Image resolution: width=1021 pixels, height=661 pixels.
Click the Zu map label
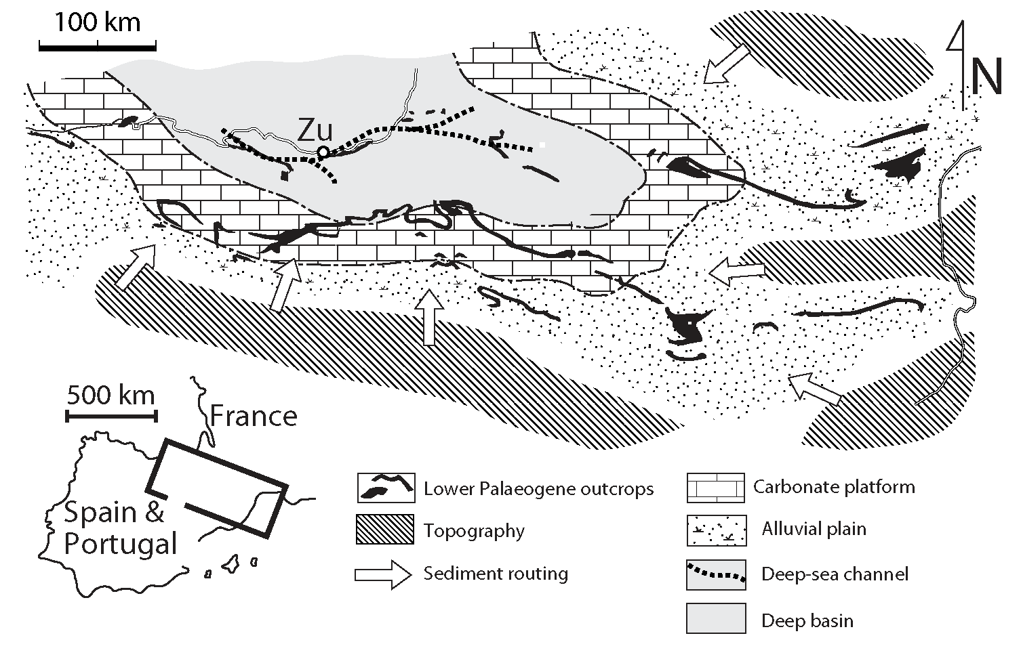[x=315, y=129]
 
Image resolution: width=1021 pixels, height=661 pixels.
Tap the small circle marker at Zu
[x=323, y=151]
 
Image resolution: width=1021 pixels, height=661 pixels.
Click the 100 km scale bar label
[x=97, y=22]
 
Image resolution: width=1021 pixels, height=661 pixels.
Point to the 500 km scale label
[x=111, y=395]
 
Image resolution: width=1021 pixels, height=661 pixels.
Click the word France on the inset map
[x=254, y=416]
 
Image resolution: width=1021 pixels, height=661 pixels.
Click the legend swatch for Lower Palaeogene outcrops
[x=386, y=488]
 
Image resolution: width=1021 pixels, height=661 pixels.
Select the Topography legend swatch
[x=384, y=530]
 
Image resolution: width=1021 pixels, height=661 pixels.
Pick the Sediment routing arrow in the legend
[x=383, y=574]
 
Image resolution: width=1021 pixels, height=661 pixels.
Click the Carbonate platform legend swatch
[x=715, y=488]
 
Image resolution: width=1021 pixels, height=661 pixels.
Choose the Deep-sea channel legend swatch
[x=715, y=574]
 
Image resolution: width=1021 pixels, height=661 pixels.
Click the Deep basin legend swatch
[x=715, y=618]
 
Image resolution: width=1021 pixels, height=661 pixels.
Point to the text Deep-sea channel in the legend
[x=835, y=574]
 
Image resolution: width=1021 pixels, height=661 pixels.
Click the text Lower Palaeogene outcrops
[x=538, y=488]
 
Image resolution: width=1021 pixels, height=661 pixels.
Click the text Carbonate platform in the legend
[x=834, y=486]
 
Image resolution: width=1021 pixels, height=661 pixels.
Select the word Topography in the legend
[x=474, y=530]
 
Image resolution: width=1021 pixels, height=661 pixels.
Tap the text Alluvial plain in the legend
[x=814, y=528]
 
